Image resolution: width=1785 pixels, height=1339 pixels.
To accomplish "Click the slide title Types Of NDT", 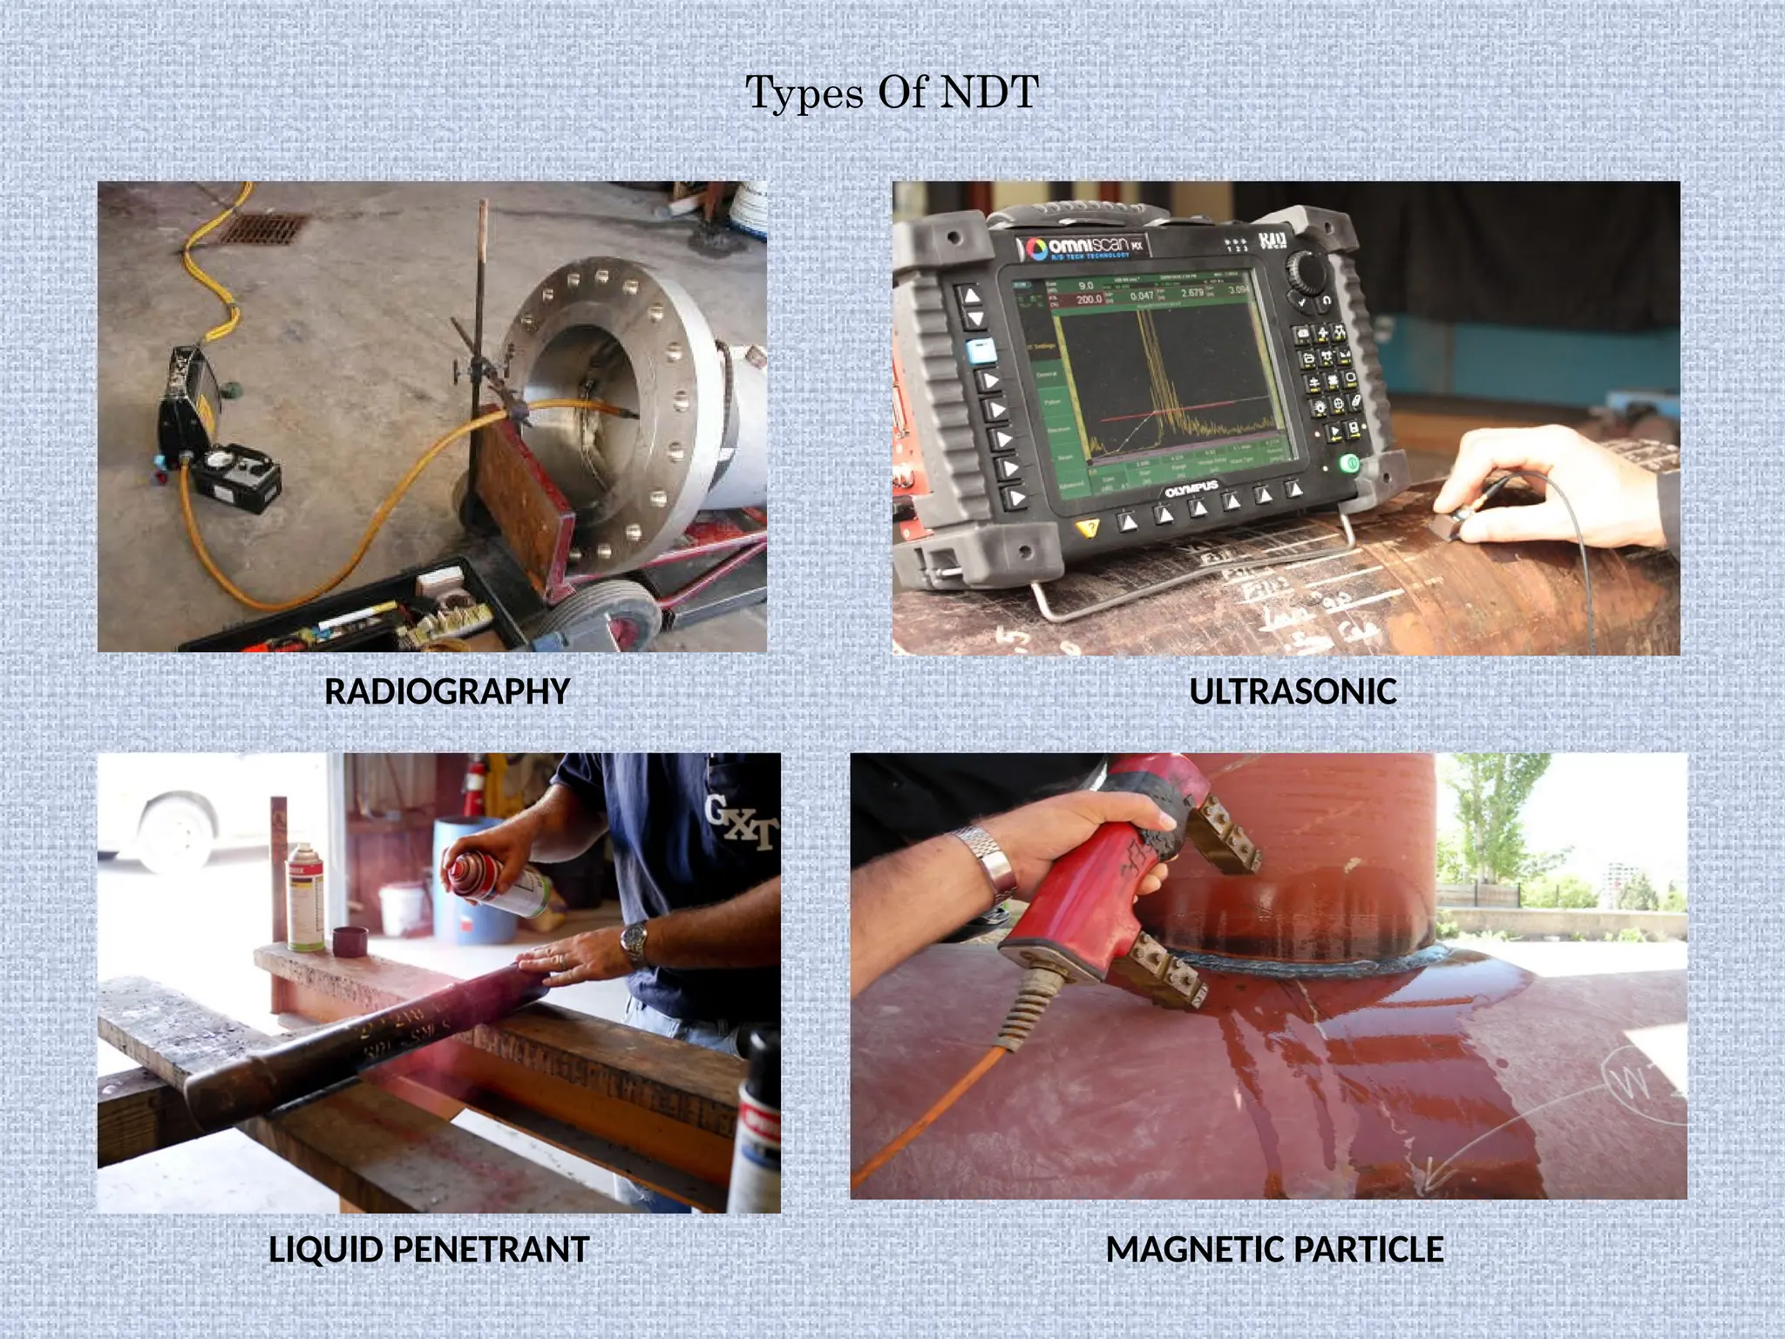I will pos(892,92).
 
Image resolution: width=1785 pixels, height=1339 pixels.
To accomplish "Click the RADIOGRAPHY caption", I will pos(447,691).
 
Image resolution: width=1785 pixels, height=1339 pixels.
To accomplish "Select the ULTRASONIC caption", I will pos(1293,691).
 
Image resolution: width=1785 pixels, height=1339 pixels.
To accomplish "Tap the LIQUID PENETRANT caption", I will pos(429,1249).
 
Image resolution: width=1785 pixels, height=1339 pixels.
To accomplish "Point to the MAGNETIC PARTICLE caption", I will pos(1274,1249).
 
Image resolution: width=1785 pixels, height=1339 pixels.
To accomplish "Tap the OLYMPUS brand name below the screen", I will pos(1191,489).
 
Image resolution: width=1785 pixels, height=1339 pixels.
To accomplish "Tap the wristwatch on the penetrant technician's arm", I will pos(635,943).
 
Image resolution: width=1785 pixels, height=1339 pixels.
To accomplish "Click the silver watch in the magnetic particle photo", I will pos(991,863).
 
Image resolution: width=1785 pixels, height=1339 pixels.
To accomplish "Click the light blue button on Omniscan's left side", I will pos(981,351).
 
